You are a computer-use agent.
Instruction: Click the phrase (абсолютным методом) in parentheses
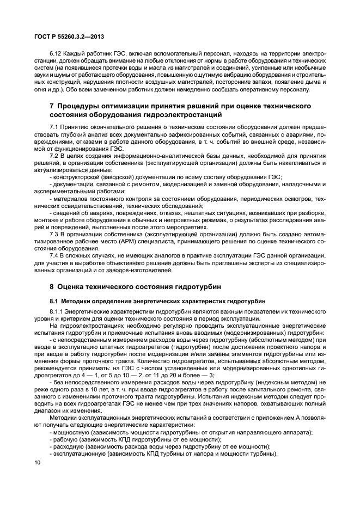coord(249,340)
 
